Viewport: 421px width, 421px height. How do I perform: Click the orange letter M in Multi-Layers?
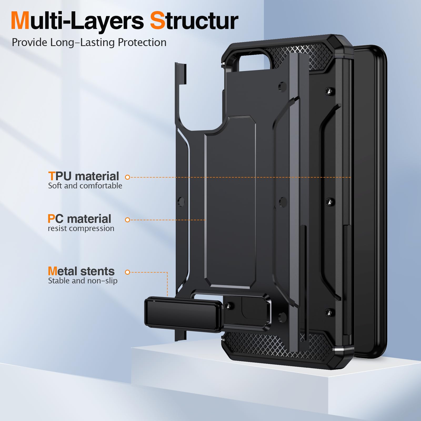[x=20, y=21]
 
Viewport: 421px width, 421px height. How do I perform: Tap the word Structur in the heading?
[x=194, y=21]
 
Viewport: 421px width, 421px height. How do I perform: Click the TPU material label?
[x=83, y=176]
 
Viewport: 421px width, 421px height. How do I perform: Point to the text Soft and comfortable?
[x=85, y=186]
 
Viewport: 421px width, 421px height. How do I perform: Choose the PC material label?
[x=79, y=219]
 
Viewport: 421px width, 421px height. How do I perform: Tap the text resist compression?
[x=81, y=228]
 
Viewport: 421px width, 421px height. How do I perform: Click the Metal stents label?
[x=81, y=271]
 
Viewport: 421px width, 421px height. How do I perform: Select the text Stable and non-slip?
[x=83, y=281]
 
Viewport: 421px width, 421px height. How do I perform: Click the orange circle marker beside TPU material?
[x=128, y=177]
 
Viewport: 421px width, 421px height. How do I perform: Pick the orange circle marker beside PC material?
[x=128, y=220]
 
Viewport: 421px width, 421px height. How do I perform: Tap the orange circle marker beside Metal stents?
[x=128, y=272]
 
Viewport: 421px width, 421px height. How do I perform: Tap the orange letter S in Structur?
[x=158, y=21]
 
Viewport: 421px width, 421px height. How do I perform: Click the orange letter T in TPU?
[x=52, y=176]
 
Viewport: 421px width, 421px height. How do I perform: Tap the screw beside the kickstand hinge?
[x=228, y=306]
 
